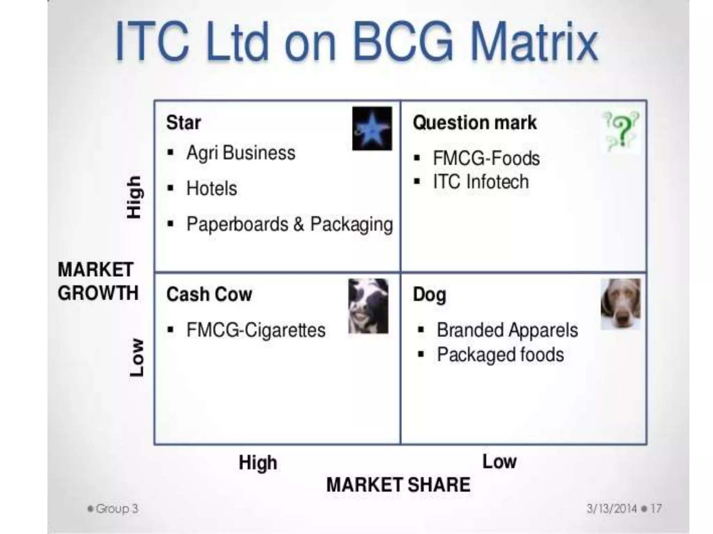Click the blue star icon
(372, 129)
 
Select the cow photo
(368, 306)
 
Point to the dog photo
(620, 304)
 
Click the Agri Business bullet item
(241, 153)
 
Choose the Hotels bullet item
(212, 188)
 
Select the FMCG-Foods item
(486, 159)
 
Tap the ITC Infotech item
(481, 182)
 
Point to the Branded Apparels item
(507, 330)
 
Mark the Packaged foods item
(500, 355)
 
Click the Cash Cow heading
(209, 294)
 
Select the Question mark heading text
(475, 123)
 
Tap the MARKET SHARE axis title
(398, 485)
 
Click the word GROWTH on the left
(98, 293)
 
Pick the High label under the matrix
(258, 463)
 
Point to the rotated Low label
(136, 357)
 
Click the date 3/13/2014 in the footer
(611, 509)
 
